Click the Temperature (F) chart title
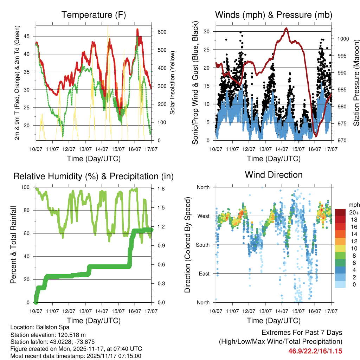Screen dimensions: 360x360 coord(94,15)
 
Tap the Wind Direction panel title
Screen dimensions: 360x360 coord(274,175)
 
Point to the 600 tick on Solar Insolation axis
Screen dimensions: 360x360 coord(161,32)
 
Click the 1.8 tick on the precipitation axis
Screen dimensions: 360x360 coord(161,189)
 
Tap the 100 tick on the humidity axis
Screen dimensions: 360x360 coord(27,187)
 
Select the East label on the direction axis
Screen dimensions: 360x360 coord(203,274)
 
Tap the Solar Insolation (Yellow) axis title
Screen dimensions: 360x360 coord(172,83)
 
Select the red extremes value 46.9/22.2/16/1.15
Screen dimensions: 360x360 coord(315,351)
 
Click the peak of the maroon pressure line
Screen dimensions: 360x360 coord(287,28)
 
